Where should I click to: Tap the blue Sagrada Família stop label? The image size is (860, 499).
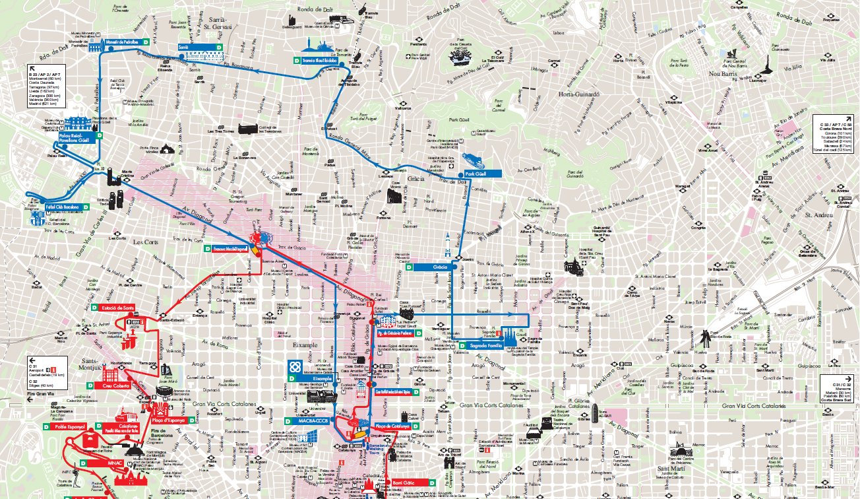486,345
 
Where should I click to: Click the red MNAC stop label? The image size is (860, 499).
115,464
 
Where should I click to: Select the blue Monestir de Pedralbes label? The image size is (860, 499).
122,41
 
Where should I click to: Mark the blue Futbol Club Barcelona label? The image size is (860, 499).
63,207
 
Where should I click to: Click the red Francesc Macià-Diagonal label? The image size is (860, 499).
230,249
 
